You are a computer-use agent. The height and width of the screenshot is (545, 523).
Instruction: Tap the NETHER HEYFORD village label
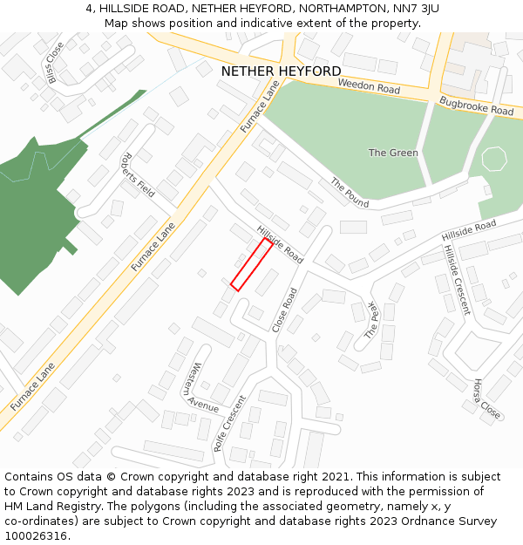pos(281,71)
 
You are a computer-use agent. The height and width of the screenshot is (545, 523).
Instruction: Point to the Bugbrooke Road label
pos(476,106)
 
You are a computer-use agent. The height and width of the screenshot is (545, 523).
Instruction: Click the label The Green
pos(393,153)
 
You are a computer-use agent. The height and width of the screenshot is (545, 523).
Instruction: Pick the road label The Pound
pos(350,193)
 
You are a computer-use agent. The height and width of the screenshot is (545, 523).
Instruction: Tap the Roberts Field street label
pos(138,176)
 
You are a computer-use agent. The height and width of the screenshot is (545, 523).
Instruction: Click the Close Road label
pos(284,310)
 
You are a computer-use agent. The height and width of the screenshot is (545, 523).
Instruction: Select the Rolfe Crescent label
pos(230,423)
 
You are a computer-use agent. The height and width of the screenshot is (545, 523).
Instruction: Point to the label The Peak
pos(372,321)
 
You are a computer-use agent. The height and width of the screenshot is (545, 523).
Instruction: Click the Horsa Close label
pos(486,399)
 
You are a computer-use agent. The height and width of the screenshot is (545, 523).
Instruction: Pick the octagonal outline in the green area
pos(493,160)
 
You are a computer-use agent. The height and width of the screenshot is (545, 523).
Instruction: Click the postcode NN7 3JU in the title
pos(414,9)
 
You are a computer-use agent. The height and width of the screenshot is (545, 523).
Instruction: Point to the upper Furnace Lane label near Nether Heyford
pos(261,107)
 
